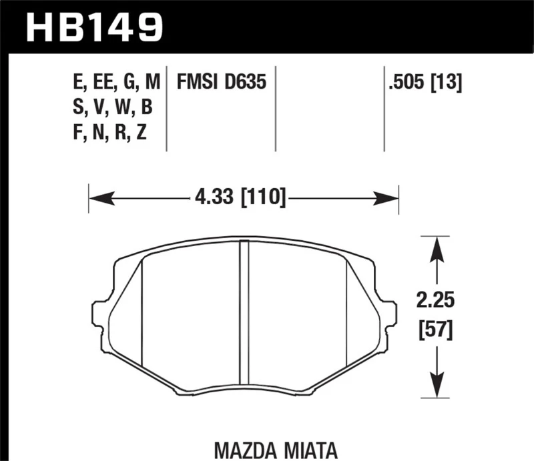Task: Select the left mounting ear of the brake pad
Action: click(x=100, y=314)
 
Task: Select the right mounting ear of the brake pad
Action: click(x=388, y=314)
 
